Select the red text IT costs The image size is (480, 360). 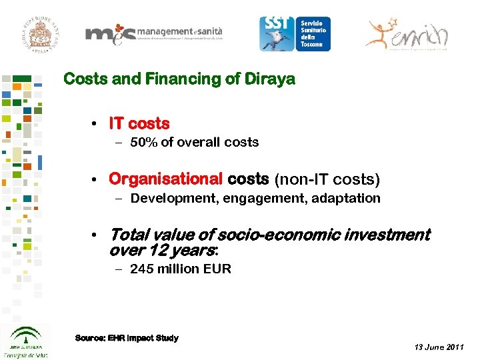pyautogui.click(x=139, y=124)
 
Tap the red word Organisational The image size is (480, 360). pyautogui.click(x=165, y=179)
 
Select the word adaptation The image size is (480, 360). pyautogui.click(x=347, y=198)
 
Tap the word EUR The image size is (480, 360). pyautogui.click(x=219, y=269)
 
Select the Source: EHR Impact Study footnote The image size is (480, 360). pyautogui.click(x=127, y=338)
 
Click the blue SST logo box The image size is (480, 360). pyautogui.click(x=295, y=33)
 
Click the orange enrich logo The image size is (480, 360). pyautogui.click(x=407, y=33)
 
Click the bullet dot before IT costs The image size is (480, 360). pyautogui.click(x=96, y=125)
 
